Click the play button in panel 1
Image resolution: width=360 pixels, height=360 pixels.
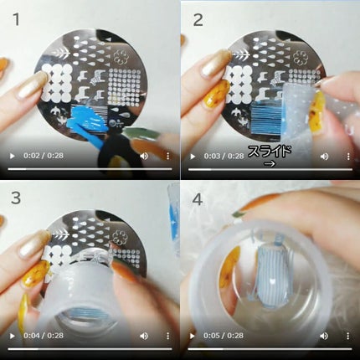click(x=12, y=156)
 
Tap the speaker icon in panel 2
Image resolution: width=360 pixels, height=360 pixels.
click(x=324, y=157)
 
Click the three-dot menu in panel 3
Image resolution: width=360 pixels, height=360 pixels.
click(x=167, y=336)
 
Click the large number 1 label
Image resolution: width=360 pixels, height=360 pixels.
click(x=17, y=19)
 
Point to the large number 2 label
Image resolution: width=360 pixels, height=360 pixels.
click(x=198, y=20)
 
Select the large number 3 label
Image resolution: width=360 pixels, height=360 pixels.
click(x=16, y=198)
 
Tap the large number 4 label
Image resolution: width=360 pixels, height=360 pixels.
click(x=198, y=199)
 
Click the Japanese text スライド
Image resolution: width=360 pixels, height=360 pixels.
click(x=270, y=152)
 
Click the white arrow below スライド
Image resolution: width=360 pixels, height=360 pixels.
click(x=270, y=164)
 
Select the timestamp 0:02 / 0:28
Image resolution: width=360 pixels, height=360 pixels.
click(x=44, y=156)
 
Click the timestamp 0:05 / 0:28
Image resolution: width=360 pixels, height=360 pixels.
click(x=224, y=336)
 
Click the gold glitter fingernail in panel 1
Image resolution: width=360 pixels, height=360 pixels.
click(x=31, y=85)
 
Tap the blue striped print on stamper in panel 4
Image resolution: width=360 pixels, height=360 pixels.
click(x=269, y=275)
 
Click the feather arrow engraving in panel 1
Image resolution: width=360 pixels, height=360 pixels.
click(x=61, y=54)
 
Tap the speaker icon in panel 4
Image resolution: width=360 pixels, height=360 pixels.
click(x=324, y=336)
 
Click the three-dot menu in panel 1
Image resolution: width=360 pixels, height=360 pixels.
click(x=167, y=156)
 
